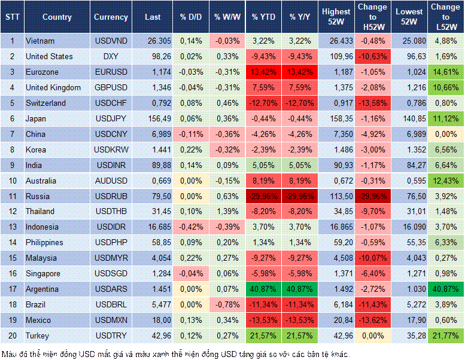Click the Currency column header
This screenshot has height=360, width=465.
pyautogui.click(x=111, y=17)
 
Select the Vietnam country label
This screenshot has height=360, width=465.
pyautogui.click(x=40, y=41)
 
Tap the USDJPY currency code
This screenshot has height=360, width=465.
pyautogui.click(x=111, y=118)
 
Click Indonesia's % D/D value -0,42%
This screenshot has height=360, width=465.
pyautogui.click(x=191, y=227)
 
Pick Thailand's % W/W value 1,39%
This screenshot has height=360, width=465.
pyautogui.click(x=227, y=212)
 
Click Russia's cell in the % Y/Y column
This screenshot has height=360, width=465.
pyautogui.click(x=300, y=196)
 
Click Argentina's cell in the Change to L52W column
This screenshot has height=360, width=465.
pyautogui.click(x=446, y=289)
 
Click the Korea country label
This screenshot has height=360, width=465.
pyautogui.click(x=37, y=150)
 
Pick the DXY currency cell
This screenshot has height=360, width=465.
pyautogui.click(x=111, y=56)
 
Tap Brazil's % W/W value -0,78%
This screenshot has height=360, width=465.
pyautogui.click(x=227, y=305)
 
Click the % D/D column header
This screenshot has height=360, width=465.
pyautogui.click(x=191, y=17)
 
